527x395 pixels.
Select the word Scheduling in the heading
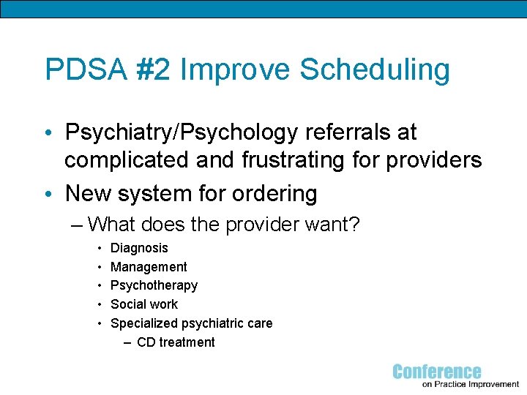[x=374, y=70]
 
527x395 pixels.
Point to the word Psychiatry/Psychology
[x=179, y=133]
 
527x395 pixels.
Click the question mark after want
[x=354, y=224]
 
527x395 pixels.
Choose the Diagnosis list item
[x=139, y=249]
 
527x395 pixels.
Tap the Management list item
[x=149, y=268]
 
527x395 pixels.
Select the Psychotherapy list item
[x=154, y=286]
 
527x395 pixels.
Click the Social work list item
[x=144, y=305]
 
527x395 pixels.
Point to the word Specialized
[x=144, y=323]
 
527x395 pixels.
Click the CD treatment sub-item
[x=176, y=342]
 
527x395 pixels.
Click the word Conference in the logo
[x=437, y=372]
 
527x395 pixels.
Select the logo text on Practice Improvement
[x=471, y=384]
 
